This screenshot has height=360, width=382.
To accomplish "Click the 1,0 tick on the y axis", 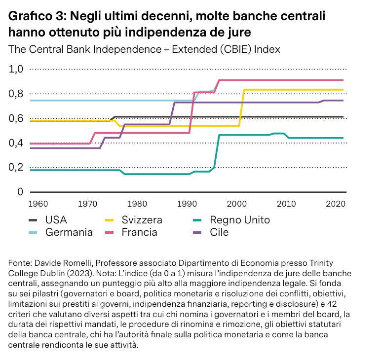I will coord(17,69).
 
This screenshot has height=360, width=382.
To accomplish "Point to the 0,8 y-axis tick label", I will coord(17,94).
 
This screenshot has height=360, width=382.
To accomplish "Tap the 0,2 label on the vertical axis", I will coord(17,167).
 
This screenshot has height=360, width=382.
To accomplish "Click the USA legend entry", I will coord(56,220).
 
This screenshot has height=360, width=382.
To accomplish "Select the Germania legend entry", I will coord(69,232).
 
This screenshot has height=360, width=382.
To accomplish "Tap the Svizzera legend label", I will coord(142,220).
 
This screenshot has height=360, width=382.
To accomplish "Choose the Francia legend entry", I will coord(139,232).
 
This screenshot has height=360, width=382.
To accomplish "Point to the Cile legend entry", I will coord(219,232).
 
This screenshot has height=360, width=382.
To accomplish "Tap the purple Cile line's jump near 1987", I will coord(173,113).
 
